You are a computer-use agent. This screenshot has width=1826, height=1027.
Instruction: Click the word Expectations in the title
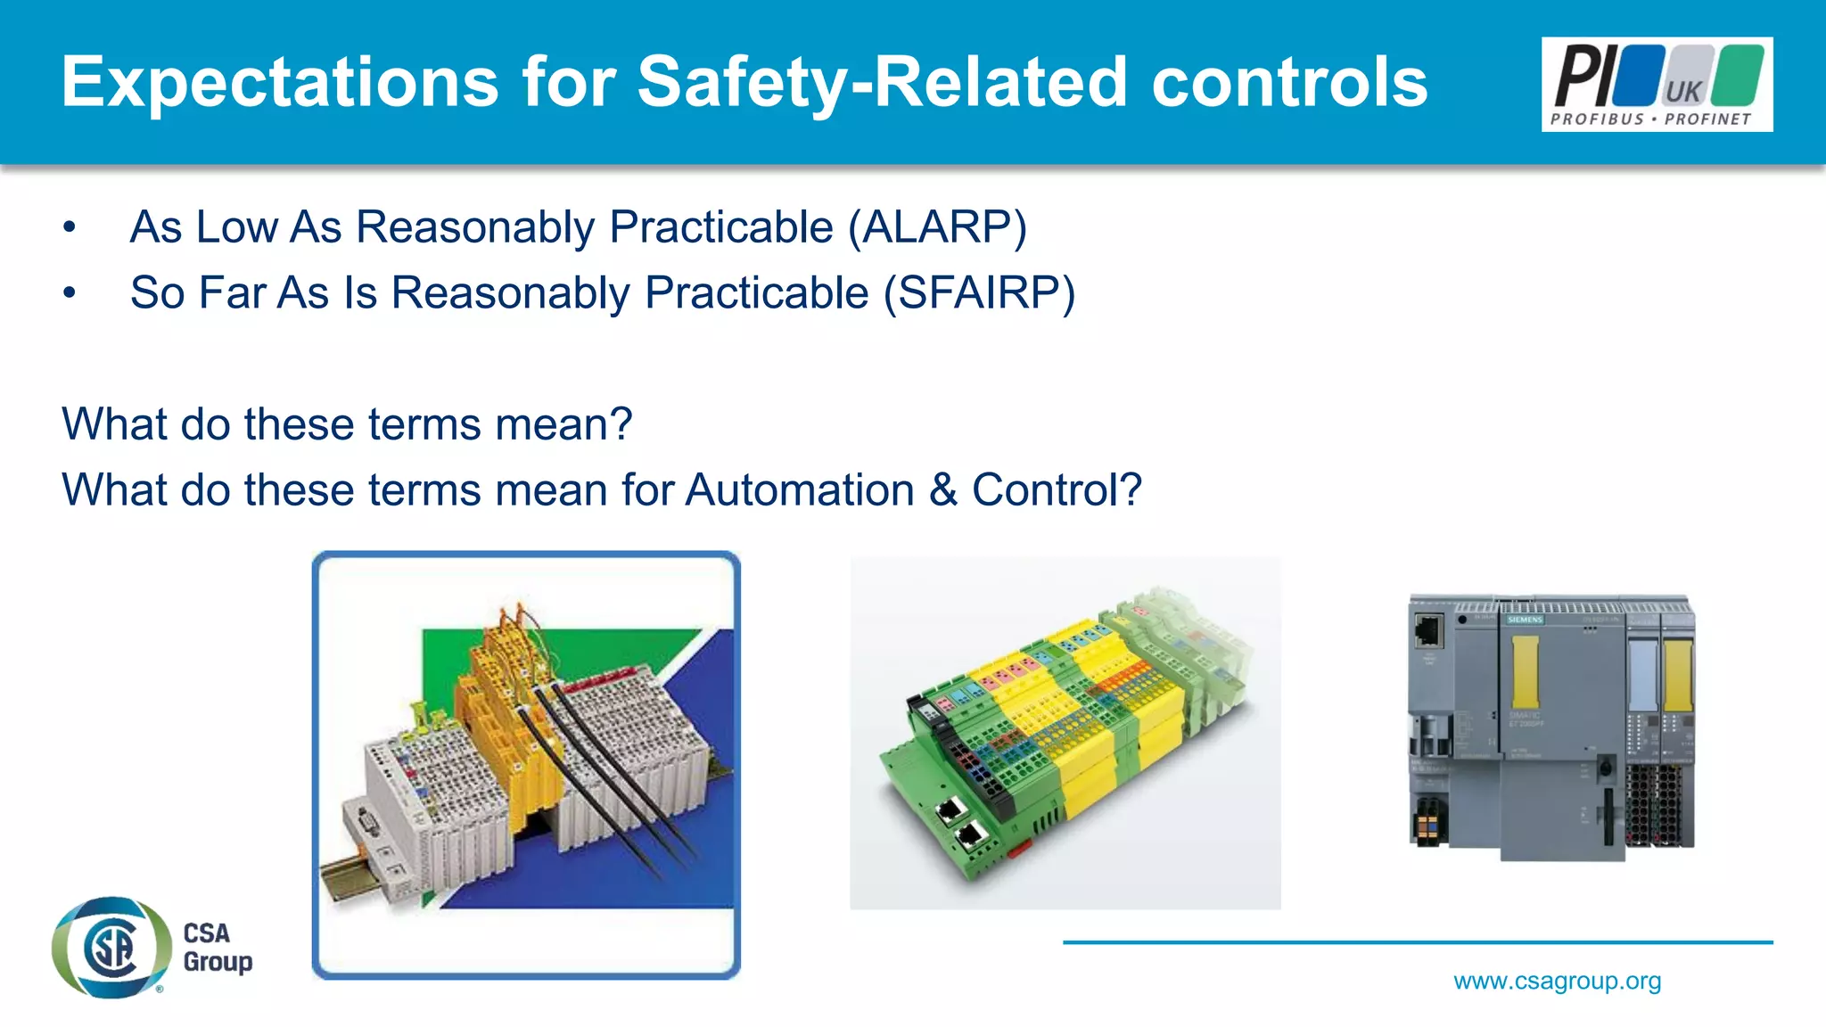pos(279,83)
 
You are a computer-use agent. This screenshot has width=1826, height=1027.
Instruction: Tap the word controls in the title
pos(1289,83)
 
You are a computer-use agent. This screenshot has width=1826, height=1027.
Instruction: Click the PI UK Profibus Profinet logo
pos(1656,85)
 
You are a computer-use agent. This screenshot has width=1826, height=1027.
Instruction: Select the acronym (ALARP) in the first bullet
pos(937,227)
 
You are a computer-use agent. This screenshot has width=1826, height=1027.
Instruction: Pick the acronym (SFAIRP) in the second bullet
pos(979,293)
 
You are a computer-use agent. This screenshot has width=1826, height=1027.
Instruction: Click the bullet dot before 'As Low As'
pos(70,228)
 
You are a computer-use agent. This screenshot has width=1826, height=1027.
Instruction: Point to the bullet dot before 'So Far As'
pos(70,294)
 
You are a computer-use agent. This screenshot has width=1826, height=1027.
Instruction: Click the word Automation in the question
pos(800,490)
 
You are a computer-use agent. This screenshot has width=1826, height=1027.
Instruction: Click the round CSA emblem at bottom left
pos(111,948)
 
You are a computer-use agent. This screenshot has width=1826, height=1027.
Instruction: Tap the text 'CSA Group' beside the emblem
pos(217,948)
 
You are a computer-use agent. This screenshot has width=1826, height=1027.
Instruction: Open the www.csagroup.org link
pos(1557,982)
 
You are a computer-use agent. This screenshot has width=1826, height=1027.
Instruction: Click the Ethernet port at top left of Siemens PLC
pos(1428,631)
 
